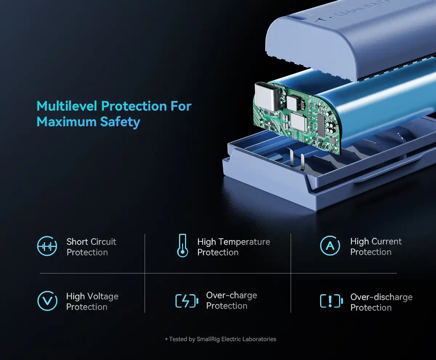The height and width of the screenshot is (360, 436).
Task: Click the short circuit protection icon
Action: (x=47, y=246)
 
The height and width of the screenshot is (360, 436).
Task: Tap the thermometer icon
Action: (x=182, y=245)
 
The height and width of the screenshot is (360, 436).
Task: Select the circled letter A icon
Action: (x=330, y=245)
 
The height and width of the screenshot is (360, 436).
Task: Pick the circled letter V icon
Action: (x=47, y=301)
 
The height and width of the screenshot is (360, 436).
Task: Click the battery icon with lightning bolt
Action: (x=187, y=301)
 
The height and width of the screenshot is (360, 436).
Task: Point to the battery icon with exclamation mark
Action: (x=331, y=301)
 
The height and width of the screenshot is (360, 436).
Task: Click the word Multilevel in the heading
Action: (x=67, y=106)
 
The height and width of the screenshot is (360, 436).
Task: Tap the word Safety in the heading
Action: (x=120, y=122)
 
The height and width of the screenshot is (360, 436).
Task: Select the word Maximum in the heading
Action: (x=66, y=122)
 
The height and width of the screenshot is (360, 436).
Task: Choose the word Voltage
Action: (x=103, y=296)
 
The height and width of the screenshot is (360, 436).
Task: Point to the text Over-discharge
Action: (x=381, y=297)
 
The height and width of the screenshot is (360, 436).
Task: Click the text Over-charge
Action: (x=231, y=295)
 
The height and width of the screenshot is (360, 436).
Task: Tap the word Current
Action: (x=386, y=241)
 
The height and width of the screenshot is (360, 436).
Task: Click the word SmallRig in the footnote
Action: (x=208, y=339)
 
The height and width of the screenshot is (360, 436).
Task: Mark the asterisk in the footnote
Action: (x=166, y=339)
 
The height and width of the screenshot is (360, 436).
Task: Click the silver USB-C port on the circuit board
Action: (x=267, y=96)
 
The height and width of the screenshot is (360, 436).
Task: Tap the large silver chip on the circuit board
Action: (x=298, y=122)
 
